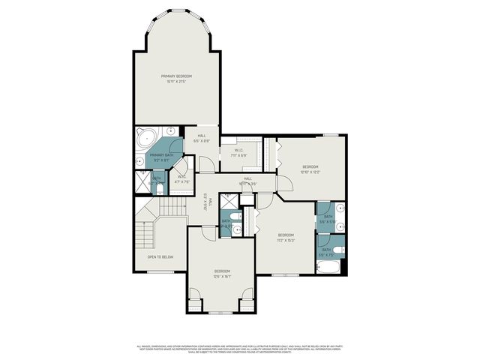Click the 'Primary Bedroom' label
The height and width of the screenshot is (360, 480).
pos(176,79)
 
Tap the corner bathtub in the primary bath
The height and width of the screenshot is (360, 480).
pos(145,138)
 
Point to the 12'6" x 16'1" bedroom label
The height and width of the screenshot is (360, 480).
pos(222,273)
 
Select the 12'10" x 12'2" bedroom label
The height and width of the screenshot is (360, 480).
pos(310,169)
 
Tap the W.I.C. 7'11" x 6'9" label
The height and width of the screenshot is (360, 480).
pos(238,153)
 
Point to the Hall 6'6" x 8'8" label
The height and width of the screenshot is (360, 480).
pos(202,138)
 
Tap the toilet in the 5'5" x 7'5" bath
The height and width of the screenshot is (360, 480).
pos(337,250)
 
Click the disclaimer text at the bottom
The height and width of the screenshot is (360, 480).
pos(239,349)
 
